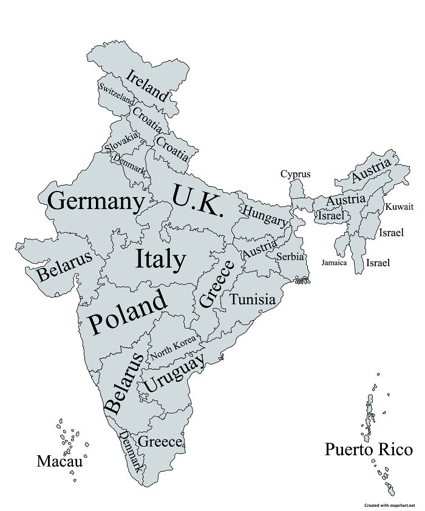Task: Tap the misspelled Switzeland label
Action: [x=117, y=94]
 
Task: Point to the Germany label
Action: [x=97, y=200]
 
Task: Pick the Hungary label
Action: [x=265, y=216]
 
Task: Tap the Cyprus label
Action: [x=295, y=174]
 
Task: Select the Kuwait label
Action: [x=399, y=207]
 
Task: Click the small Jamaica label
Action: [x=334, y=262]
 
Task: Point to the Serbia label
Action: [x=290, y=256]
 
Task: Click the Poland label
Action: [x=127, y=311]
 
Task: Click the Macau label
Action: [x=59, y=461]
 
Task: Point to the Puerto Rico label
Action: [x=369, y=450]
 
